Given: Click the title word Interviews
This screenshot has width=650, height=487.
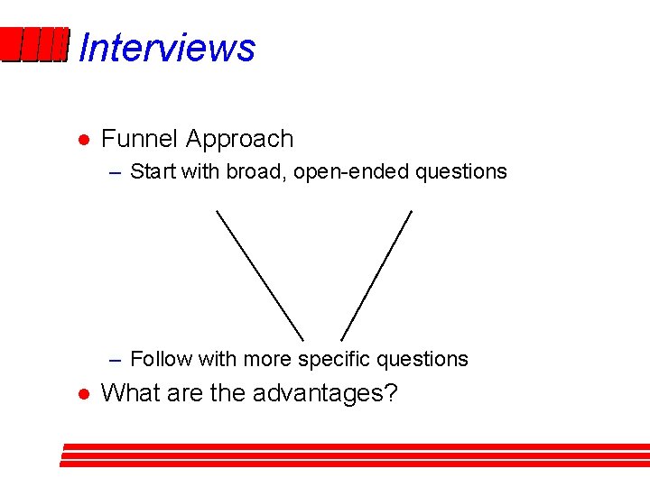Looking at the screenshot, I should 167,47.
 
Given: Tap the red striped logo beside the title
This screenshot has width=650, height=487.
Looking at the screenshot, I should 34,46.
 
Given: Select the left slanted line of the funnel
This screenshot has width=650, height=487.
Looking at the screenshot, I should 260,275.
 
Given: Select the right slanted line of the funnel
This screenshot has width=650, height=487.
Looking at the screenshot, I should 376,275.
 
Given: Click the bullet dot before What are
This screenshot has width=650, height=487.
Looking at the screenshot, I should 81,395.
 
